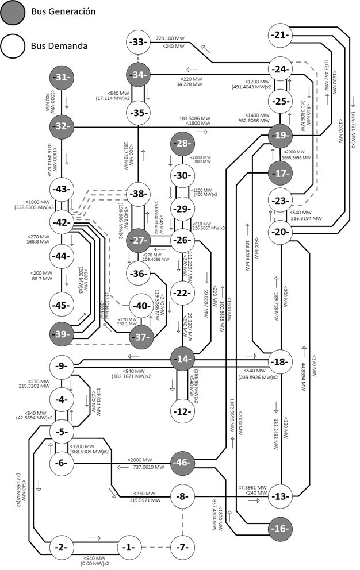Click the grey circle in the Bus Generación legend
pos(13,13)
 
